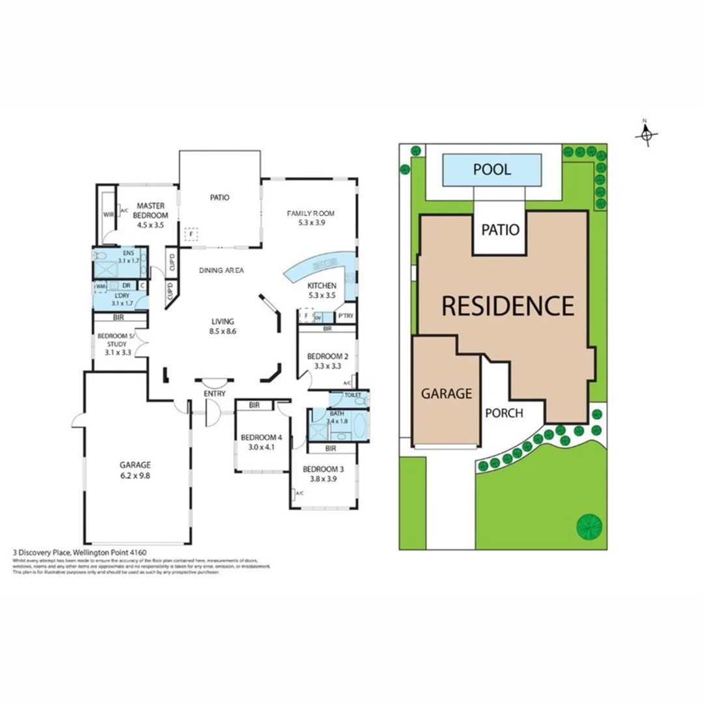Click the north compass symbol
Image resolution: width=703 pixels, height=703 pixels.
coord(646,134)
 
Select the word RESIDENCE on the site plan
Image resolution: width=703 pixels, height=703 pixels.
coord(508,305)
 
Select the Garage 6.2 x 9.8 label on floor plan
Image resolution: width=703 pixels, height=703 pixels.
coord(135,470)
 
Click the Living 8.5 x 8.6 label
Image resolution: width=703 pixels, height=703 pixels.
coord(222,326)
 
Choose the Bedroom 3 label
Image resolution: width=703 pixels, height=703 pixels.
coord(324,474)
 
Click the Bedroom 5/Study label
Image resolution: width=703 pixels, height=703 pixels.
coord(114,341)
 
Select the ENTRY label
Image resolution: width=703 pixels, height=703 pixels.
coord(214,394)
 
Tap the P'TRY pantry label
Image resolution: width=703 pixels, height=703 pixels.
coord(345,317)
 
